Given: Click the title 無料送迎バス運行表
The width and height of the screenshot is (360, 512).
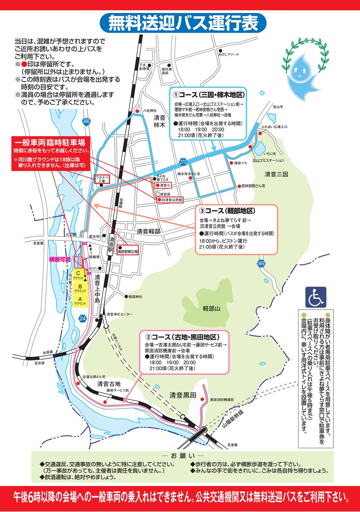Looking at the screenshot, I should [183, 23].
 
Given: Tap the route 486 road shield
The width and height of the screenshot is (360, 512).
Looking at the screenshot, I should [86, 121].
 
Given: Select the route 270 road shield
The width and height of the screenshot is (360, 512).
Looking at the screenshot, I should [183, 162].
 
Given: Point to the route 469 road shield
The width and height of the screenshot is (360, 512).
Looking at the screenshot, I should [261, 264].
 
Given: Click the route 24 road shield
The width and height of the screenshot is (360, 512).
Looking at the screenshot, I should [83, 318].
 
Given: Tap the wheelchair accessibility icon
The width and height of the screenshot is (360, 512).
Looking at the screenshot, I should [316, 297].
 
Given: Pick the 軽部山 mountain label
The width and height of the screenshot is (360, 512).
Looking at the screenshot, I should [211, 309].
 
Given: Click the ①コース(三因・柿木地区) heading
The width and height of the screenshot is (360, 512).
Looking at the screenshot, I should [208, 95].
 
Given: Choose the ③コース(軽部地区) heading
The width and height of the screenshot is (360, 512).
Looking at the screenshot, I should [227, 211].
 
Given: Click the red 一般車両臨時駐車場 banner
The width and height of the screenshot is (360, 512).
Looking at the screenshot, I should [50, 143].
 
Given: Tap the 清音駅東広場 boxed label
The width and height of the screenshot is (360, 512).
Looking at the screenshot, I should [128, 252].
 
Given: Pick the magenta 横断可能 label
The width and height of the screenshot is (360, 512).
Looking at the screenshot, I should [60, 259].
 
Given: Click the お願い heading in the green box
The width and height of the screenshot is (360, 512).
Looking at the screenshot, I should [183, 456].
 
